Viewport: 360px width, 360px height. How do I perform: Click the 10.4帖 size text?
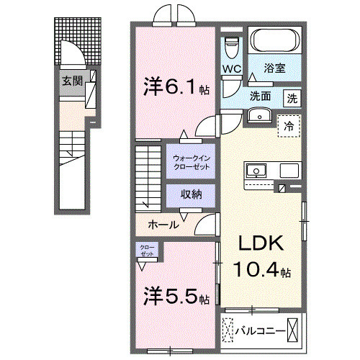[x=261, y=271]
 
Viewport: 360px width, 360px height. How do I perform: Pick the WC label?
[x=231, y=69]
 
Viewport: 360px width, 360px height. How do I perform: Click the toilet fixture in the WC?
[x=231, y=47]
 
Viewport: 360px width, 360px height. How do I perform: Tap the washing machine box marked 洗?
[x=292, y=97]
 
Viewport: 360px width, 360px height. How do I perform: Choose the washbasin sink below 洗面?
[x=258, y=115]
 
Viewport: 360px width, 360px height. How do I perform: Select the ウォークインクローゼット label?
[x=191, y=162]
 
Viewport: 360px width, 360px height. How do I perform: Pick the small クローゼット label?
[x=147, y=251]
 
